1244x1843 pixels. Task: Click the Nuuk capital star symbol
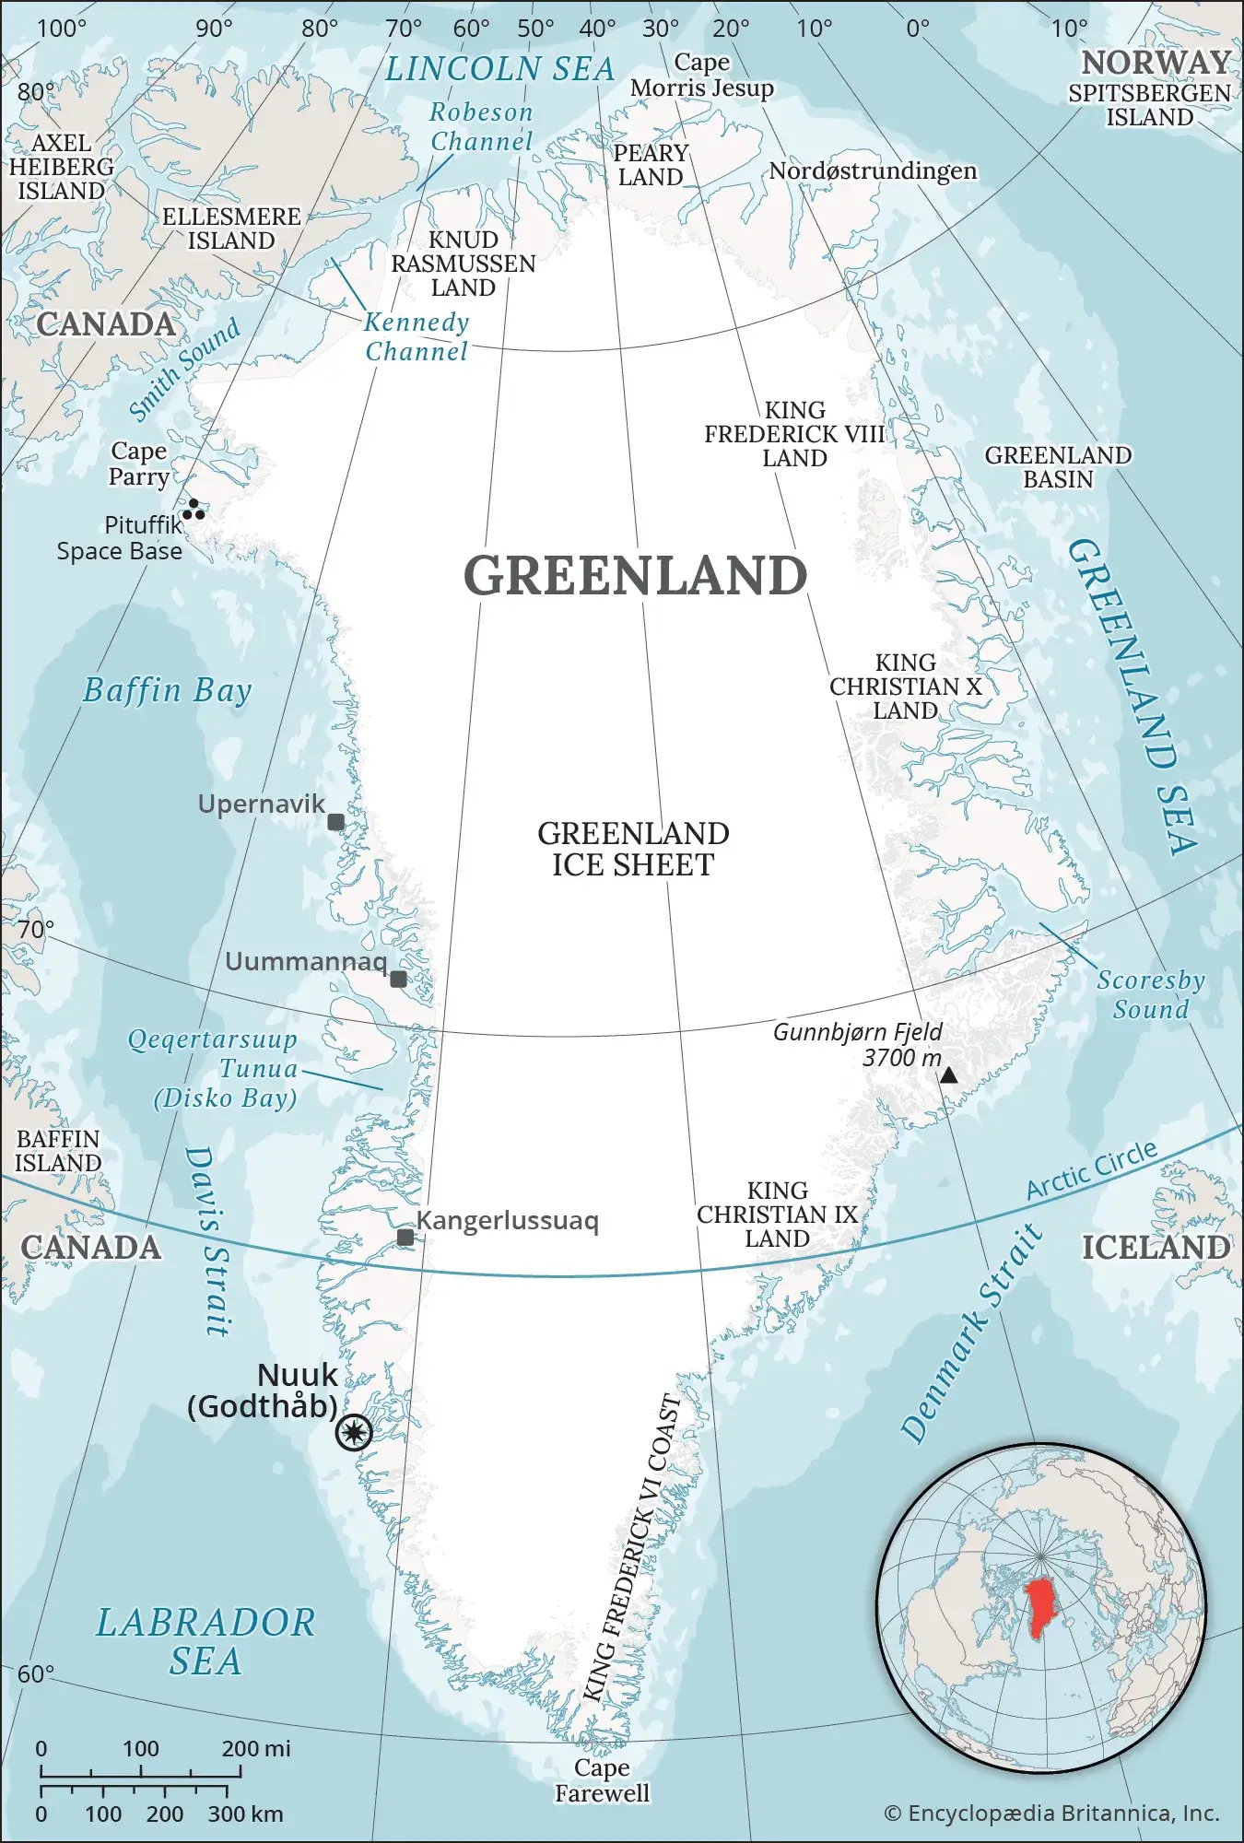pyautogui.click(x=354, y=1433)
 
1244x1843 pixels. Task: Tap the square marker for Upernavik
pyautogui.click(x=336, y=822)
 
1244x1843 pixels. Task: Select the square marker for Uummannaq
pyautogui.click(x=398, y=979)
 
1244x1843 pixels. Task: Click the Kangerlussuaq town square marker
pyautogui.click(x=405, y=1237)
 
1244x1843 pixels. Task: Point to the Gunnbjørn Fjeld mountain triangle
pyautogui.click(x=948, y=1075)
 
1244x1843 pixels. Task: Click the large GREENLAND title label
pyautogui.click(x=635, y=576)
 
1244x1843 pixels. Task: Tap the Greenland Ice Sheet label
pyautogui.click(x=633, y=850)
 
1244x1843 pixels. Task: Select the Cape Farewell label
pyautogui.click(x=602, y=1780)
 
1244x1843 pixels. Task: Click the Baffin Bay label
pyautogui.click(x=167, y=690)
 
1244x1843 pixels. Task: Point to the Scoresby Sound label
pyautogui.click(x=1150, y=994)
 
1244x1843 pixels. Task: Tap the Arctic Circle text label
pyautogui.click(x=1092, y=1169)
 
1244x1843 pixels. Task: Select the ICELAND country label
pyautogui.click(x=1156, y=1248)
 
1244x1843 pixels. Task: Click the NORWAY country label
pyautogui.click(x=1156, y=63)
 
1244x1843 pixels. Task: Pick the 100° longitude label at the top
pyautogui.click(x=61, y=29)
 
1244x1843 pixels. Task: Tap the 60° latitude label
pyautogui.click(x=36, y=1674)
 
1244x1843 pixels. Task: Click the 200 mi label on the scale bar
pyautogui.click(x=255, y=1748)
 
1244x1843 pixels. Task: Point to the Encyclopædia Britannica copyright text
pyautogui.click(x=1051, y=1814)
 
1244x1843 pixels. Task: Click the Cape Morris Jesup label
pyautogui.click(x=702, y=76)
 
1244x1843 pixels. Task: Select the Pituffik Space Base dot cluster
pyautogui.click(x=194, y=510)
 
